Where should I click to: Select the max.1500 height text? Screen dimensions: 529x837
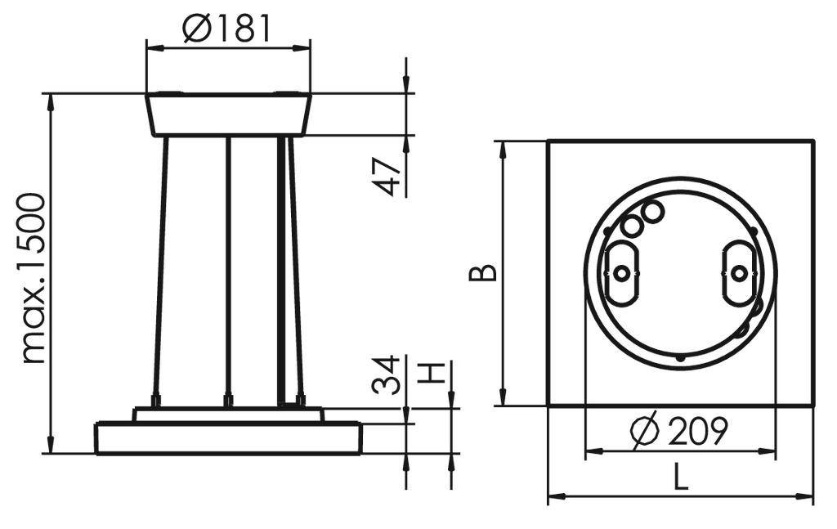[x=34, y=278]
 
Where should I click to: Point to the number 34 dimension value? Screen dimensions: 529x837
[x=387, y=374]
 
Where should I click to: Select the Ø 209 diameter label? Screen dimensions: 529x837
[x=680, y=432]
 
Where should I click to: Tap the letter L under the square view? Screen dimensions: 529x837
[x=680, y=477]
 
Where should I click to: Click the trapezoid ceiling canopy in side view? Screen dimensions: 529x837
[x=228, y=114]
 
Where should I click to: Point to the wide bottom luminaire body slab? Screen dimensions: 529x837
[x=228, y=437]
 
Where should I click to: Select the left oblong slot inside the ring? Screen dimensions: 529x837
[x=622, y=273]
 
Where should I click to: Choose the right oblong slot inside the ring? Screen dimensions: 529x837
[x=738, y=273]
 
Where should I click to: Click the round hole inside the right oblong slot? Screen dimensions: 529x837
[x=738, y=274]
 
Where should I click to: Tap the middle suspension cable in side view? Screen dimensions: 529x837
[x=228, y=270]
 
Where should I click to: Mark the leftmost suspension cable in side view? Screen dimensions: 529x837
[x=161, y=270]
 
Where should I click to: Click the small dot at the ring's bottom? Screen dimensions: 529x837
[x=680, y=357]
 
